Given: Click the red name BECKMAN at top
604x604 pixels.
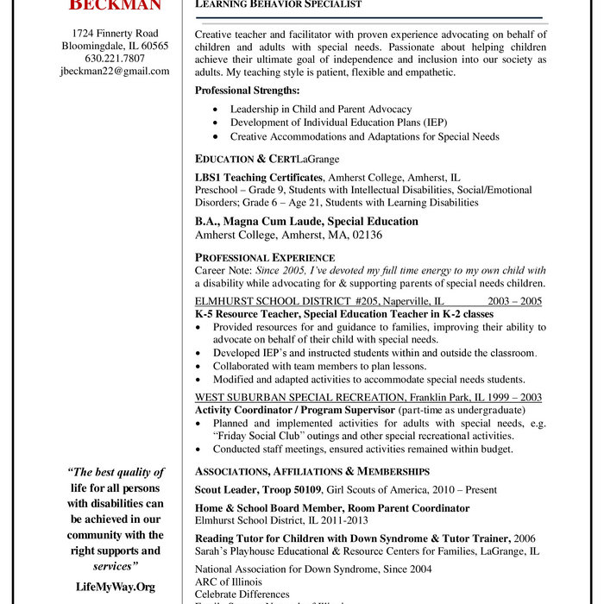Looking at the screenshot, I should click(x=115, y=5).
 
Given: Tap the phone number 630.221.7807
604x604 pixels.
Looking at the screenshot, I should click(x=115, y=59).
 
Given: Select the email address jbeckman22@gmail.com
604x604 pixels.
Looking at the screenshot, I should click(x=115, y=72).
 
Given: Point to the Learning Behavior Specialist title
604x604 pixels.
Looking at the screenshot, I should click(x=278, y=4).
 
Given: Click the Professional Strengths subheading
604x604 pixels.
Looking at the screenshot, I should click(x=247, y=91).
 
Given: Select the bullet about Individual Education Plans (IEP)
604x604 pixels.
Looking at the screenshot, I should click(x=338, y=123).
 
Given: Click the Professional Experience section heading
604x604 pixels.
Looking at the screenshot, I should click(x=265, y=257).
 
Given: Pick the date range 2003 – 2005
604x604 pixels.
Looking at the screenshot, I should click(x=514, y=301).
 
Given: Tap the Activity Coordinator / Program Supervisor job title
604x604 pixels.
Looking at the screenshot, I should click(x=295, y=409).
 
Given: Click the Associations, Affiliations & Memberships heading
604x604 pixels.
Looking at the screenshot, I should click(x=312, y=471).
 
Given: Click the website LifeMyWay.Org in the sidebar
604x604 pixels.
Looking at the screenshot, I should click(x=115, y=587).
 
